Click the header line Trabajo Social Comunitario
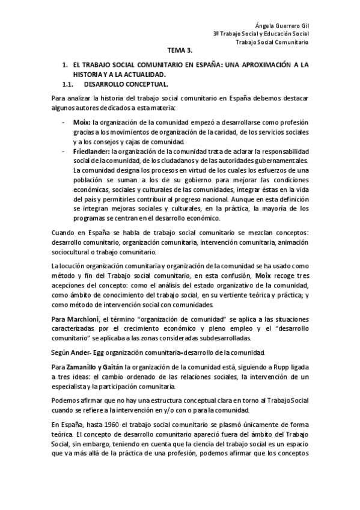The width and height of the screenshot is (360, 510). pyautogui.click(x=272, y=43)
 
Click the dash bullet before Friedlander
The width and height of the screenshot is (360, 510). pyautogui.click(x=64, y=152)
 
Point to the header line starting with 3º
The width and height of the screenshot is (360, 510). pyautogui.click(x=260, y=34)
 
